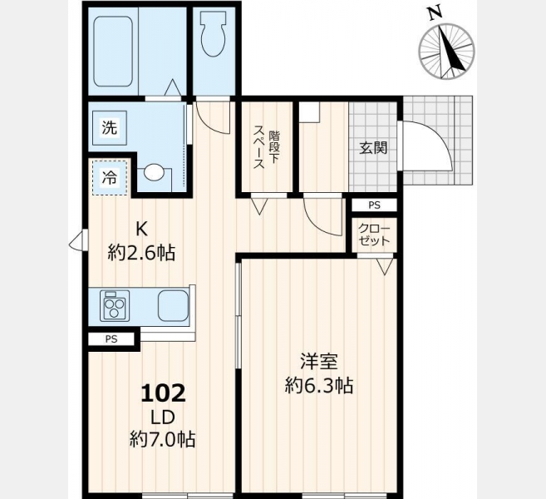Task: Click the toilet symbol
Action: point(213,33)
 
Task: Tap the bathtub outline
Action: point(113,52)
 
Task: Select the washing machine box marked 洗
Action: point(110,128)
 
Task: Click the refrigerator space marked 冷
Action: point(110,178)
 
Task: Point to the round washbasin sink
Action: point(154,172)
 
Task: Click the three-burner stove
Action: point(115,305)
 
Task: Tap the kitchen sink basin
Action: point(173,305)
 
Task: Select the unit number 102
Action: point(163,393)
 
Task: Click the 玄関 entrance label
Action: point(373,148)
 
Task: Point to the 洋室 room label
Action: point(319,361)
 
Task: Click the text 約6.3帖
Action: point(319,385)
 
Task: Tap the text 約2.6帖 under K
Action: point(141,253)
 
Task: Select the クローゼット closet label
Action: point(374,235)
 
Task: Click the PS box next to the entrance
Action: point(374,205)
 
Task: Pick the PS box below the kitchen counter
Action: point(111,339)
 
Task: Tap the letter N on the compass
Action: point(435,13)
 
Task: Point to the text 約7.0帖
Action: point(162,439)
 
